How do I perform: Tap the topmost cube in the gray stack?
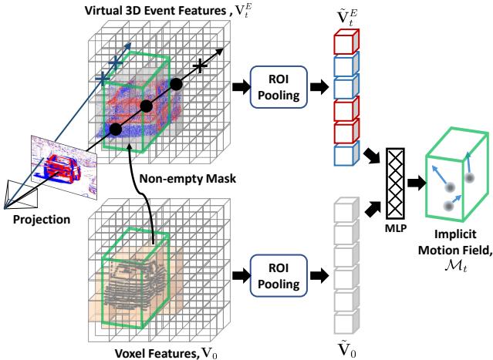pos(341,207)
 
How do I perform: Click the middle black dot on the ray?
pos(145,105)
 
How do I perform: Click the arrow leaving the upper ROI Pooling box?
pos(316,83)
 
